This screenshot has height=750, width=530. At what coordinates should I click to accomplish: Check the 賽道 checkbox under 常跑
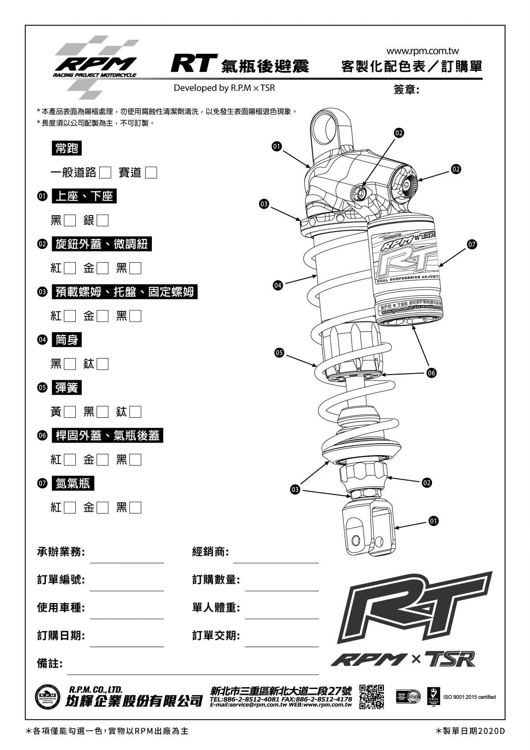[151, 172]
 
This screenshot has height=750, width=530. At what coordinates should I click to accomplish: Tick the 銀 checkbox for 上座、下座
[102, 220]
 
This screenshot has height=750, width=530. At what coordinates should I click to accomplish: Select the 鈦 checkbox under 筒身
[102, 364]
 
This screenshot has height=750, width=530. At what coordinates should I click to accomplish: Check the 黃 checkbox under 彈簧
[70, 412]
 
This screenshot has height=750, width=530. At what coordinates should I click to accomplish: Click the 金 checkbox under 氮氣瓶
[102, 508]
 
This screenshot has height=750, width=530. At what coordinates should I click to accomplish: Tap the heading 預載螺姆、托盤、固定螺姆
[124, 292]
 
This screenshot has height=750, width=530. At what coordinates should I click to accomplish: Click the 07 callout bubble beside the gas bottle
[472, 244]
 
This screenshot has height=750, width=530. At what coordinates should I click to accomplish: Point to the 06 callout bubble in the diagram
[431, 373]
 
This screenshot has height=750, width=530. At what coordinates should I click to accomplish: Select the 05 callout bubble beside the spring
[279, 353]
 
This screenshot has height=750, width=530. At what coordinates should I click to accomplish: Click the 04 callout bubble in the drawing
[278, 285]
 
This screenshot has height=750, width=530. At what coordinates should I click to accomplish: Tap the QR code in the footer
[371, 697]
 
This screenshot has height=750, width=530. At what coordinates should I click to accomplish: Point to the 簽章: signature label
[406, 90]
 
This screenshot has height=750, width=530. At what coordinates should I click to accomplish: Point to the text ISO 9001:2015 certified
[469, 697]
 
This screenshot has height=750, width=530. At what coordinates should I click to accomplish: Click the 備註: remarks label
[49, 664]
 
